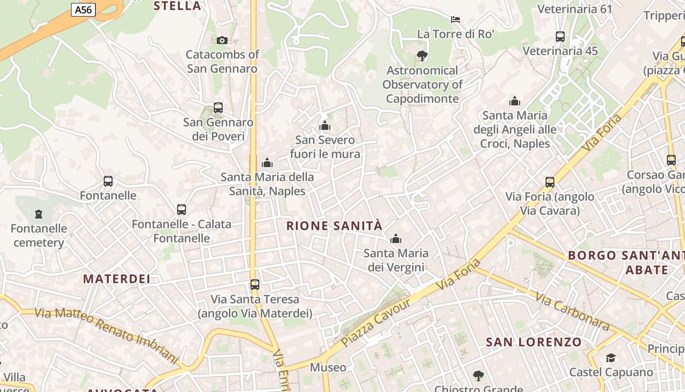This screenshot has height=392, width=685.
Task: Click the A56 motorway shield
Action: click(x=83, y=10)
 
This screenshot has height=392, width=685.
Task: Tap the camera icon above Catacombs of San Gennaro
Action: click(x=222, y=40)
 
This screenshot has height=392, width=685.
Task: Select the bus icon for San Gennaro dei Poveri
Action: click(x=218, y=108)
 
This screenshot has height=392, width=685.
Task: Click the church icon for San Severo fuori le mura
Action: click(x=325, y=126)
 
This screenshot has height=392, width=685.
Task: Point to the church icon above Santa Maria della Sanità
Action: click(x=267, y=163)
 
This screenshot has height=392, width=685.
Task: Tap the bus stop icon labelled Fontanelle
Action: click(x=108, y=181)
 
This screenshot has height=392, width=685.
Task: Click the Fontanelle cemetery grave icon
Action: click(x=39, y=214)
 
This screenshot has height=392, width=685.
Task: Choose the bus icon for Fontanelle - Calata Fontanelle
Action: click(x=182, y=210)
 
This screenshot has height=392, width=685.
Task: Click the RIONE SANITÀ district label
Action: click(x=334, y=226)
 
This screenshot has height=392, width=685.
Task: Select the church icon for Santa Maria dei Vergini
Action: click(x=395, y=239)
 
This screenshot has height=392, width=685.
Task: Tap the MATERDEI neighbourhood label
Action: click(x=116, y=279)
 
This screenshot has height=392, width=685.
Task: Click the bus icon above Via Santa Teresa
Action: click(x=255, y=284)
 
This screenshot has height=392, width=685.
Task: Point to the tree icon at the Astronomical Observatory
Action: click(x=422, y=56)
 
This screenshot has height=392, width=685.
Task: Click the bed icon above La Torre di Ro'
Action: click(x=456, y=20)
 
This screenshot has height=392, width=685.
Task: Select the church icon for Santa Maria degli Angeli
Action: click(x=515, y=101)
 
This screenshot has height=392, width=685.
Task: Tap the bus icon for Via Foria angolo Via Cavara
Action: click(x=550, y=182)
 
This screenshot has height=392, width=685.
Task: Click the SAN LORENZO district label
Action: click(x=533, y=342)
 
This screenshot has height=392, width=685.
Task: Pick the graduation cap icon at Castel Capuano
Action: click(x=611, y=358)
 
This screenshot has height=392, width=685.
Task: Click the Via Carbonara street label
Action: click(x=572, y=311)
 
